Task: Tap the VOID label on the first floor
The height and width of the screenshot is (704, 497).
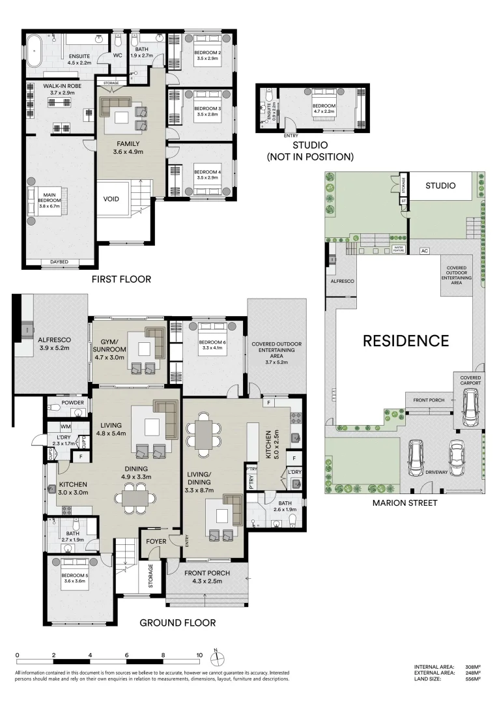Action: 111,199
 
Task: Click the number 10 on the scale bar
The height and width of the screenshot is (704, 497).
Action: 200,656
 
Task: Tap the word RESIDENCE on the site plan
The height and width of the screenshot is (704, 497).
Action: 405,340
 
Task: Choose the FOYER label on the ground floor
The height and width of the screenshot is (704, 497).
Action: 156,541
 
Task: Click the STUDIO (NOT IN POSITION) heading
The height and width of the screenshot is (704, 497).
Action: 310,151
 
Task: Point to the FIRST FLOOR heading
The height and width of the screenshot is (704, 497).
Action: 122,279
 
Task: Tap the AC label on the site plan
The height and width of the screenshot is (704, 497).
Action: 425,250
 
